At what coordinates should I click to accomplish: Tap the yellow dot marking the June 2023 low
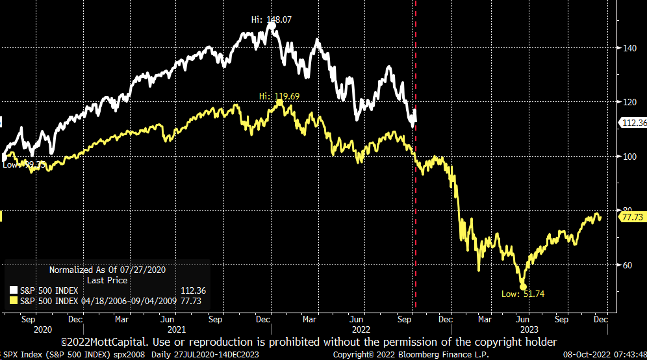point(523,286)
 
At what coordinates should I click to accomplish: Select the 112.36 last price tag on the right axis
point(631,122)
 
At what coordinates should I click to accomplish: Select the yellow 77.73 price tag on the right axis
point(631,217)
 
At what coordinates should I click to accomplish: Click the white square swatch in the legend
point(14,290)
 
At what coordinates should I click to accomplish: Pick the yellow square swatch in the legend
point(14,300)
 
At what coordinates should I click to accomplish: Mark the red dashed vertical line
point(415,195)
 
